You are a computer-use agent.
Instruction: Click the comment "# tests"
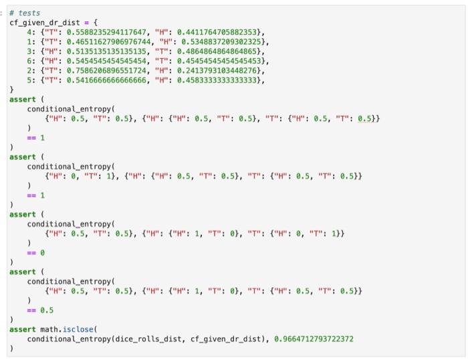click(x=29, y=13)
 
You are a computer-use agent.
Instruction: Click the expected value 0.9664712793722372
click(x=314, y=339)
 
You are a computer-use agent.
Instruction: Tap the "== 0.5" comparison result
click(x=40, y=310)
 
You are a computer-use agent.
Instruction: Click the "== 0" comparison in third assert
click(x=35, y=253)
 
